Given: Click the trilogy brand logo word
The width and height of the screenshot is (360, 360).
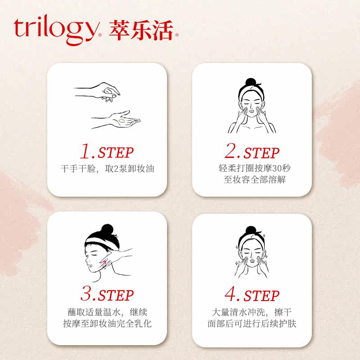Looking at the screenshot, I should pos(55,29).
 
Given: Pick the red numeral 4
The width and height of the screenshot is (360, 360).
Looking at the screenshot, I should pos(231,295).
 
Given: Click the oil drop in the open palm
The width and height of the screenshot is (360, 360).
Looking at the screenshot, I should pos(121,121).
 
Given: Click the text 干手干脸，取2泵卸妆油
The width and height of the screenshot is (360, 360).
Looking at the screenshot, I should pos(107,169).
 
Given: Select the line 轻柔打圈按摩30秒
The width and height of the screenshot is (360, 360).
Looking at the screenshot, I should pos(252,169).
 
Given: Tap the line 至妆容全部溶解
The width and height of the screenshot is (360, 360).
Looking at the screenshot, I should pos(252,180).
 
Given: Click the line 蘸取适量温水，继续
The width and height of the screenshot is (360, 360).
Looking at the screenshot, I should pos(107,312).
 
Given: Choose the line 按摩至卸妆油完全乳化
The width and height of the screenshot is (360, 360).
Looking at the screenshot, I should pos(107,324).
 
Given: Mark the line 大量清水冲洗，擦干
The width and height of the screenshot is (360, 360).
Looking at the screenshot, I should pos(252,312).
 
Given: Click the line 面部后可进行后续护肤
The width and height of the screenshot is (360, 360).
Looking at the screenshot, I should pos(252,324).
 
